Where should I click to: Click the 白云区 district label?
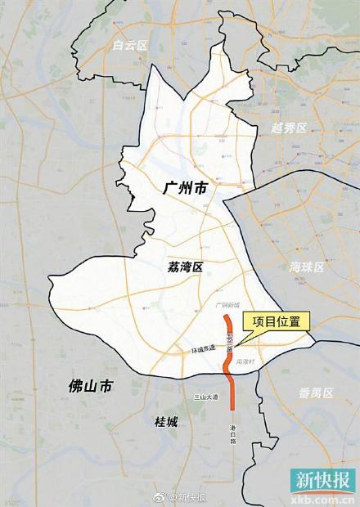coord(130,47)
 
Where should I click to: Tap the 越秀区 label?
coord(288,128)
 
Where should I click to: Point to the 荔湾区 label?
coord(185,266)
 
